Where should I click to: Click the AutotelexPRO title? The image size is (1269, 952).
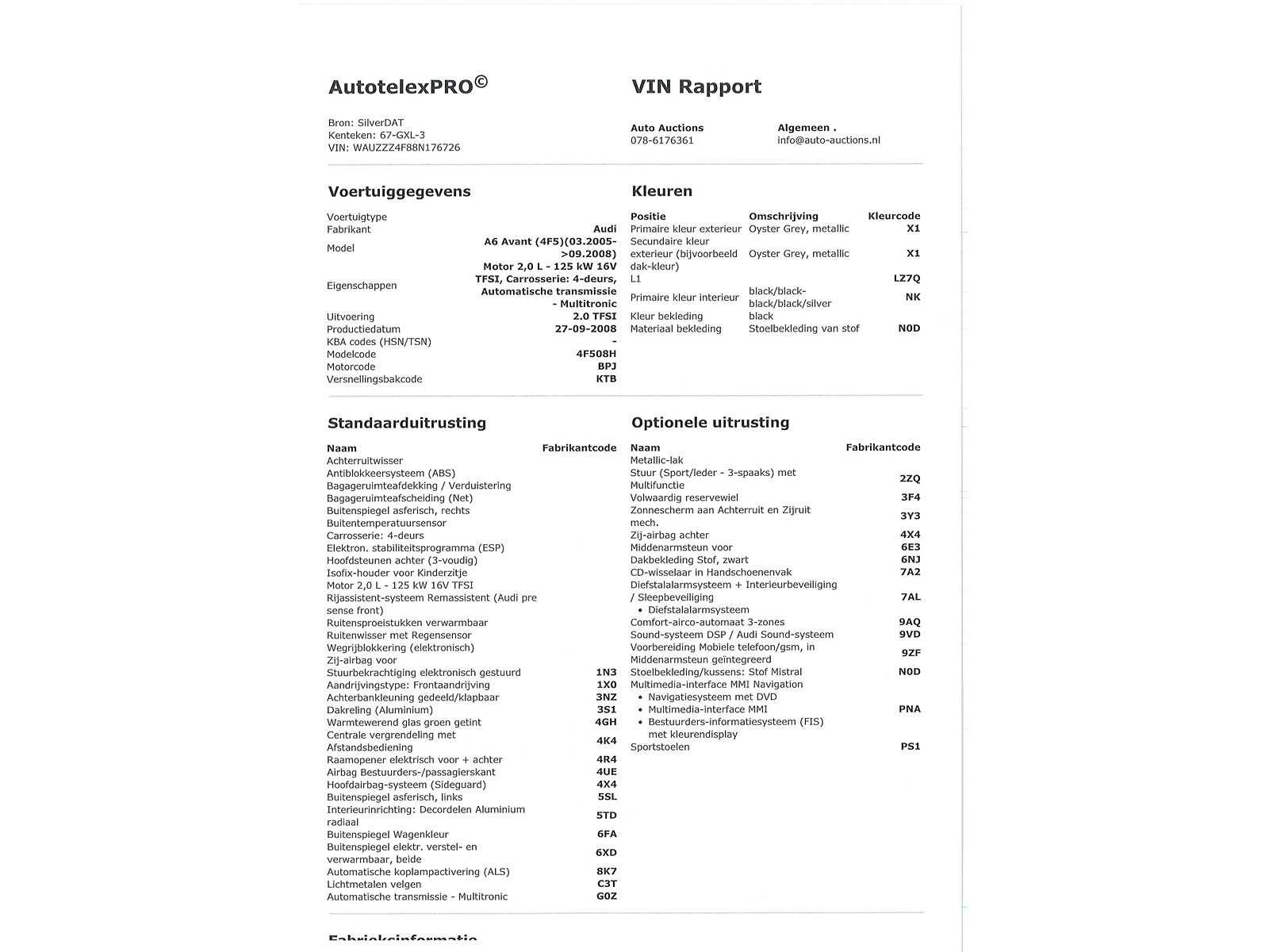401,87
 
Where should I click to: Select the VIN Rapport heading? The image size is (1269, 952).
696,86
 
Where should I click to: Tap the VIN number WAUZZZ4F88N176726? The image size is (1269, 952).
406,148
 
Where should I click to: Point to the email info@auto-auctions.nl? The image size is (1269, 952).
829,140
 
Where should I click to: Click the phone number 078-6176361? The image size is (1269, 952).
662,140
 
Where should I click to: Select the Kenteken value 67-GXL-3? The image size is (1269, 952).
402,135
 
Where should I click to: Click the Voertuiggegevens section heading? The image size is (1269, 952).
400,191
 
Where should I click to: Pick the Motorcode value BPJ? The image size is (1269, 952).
607,367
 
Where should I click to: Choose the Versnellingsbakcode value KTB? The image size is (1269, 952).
606,379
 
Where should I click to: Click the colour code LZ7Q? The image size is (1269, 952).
907,278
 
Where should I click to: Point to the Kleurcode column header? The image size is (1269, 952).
894,216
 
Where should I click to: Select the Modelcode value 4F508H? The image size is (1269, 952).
596,354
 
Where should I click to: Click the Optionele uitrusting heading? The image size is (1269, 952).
711,422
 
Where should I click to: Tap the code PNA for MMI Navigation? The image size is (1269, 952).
909,709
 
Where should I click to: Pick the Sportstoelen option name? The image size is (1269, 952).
660,747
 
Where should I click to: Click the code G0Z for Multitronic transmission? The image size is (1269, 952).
606,896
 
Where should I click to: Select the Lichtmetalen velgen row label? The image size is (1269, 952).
374,884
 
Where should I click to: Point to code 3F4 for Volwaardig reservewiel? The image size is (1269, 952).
910,497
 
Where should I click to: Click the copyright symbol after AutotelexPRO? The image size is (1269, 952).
481,82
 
